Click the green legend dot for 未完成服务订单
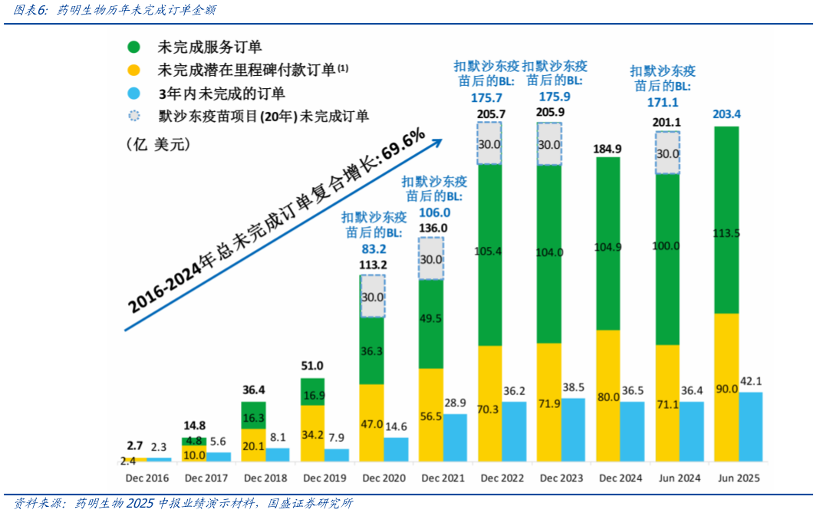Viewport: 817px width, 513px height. tap(133, 48)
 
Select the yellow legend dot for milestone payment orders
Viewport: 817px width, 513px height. tap(133, 71)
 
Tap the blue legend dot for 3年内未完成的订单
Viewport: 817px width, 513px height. tap(133, 94)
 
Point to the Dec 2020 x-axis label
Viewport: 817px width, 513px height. tap(384, 478)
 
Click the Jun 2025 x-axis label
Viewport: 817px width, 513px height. tap(738, 478)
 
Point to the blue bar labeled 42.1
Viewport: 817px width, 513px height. tap(750, 426)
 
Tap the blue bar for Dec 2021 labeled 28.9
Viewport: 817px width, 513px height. tap(455, 437)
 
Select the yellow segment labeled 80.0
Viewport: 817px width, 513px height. tap(608, 395)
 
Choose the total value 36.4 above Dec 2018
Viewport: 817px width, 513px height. tap(253, 390)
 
